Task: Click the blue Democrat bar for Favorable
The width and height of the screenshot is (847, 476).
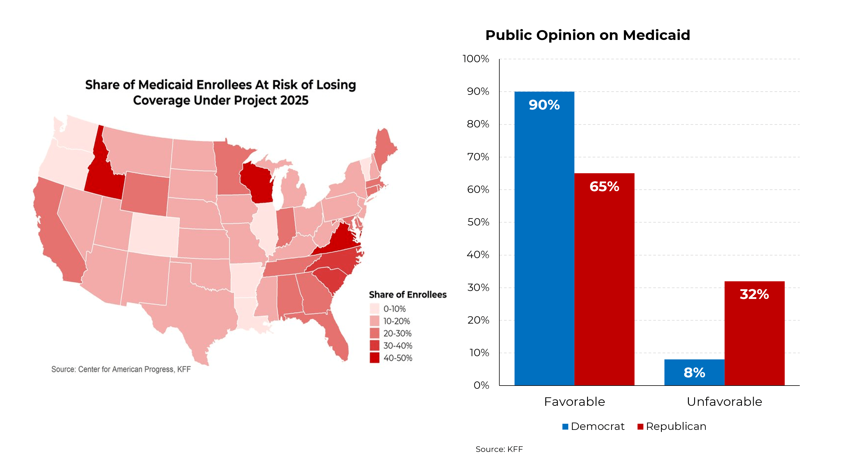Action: pyautogui.click(x=544, y=238)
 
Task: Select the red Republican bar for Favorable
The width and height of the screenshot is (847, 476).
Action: pyautogui.click(x=604, y=279)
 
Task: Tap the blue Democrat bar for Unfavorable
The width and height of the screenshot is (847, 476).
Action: pyautogui.click(x=694, y=372)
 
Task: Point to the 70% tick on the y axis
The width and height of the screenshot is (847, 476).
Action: pyautogui.click(x=478, y=157)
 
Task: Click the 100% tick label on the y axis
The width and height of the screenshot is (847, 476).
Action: pyautogui.click(x=476, y=59)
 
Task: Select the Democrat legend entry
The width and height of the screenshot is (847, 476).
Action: pyautogui.click(x=593, y=426)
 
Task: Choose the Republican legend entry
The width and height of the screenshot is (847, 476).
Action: pyautogui.click(x=672, y=426)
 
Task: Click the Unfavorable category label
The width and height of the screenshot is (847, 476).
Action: pyautogui.click(x=724, y=402)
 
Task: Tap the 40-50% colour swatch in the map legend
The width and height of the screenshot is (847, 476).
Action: pyautogui.click(x=375, y=358)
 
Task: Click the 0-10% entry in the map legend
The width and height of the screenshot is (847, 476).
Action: pyautogui.click(x=388, y=309)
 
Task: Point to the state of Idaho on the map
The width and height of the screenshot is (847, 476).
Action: pyautogui.click(x=104, y=174)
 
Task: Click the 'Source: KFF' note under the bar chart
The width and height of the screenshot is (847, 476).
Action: pyautogui.click(x=499, y=449)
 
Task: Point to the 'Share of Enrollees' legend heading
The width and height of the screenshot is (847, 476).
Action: pyautogui.click(x=408, y=294)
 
